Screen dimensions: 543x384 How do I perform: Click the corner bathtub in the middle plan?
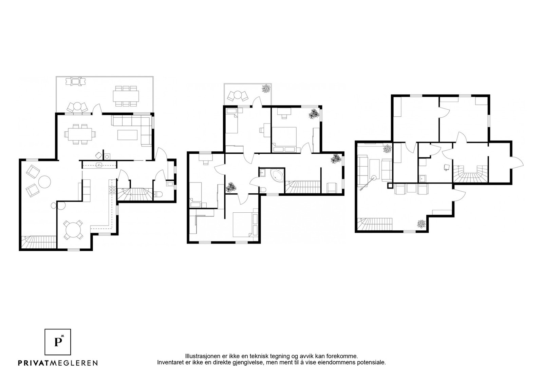click(277, 175)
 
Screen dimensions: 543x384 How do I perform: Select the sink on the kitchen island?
click(99, 165)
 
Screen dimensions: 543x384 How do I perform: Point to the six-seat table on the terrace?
click(126, 96)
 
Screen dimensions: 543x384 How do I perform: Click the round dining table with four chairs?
click(73, 230)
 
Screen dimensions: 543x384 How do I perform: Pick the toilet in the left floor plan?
click(158, 194)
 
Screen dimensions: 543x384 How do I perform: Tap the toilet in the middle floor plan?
click(263, 189)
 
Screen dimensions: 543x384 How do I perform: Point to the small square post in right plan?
click(390, 186)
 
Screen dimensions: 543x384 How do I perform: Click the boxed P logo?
click(58, 342)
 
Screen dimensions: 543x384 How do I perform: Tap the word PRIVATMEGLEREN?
click(58, 363)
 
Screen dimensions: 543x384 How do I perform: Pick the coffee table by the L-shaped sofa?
click(128, 135)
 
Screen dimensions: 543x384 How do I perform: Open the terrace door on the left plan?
click(97, 109)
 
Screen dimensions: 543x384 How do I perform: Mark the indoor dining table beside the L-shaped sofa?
click(80, 134)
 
